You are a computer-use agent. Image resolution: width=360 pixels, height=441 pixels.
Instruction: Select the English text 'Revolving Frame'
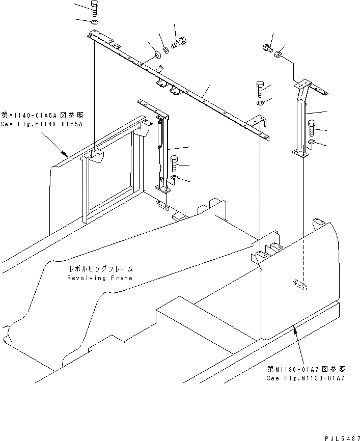100,278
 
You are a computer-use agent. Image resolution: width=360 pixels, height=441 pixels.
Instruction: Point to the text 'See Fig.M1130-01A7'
306,379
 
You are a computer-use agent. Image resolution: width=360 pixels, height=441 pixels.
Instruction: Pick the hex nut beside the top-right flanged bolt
279,53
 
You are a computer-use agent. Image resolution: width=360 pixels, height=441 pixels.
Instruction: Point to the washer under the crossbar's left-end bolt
95,23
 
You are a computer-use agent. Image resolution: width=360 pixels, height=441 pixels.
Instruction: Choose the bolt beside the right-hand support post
312,126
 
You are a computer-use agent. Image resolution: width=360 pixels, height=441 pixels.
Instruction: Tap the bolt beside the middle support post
174,163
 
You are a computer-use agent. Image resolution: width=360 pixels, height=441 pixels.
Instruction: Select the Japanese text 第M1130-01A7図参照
306,370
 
